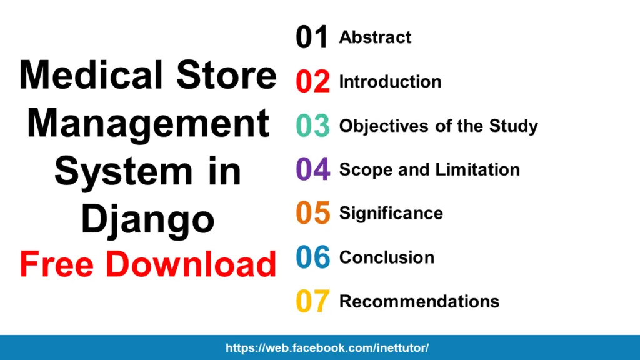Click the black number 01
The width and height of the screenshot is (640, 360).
coord(312,38)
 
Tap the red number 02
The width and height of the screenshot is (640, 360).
coord(312,82)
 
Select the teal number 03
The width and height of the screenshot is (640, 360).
coord(312,126)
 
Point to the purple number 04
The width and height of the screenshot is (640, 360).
coord(312,170)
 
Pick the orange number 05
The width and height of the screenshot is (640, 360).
coord(312,214)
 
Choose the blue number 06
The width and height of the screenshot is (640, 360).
coord(312,257)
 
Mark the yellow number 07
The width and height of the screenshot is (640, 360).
coord(312,302)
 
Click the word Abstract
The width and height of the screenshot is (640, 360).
coord(375,37)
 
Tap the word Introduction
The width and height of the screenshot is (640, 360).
coord(390,82)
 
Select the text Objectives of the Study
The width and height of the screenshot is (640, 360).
coord(438,126)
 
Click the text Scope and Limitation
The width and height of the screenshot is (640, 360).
coord(429,170)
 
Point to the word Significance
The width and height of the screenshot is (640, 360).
coord(391,214)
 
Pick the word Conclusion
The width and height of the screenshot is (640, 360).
coord(386,257)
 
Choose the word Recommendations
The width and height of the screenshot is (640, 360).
coord(419,302)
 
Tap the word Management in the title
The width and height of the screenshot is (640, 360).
coord(148,124)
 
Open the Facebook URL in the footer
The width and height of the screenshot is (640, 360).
coord(327,348)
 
